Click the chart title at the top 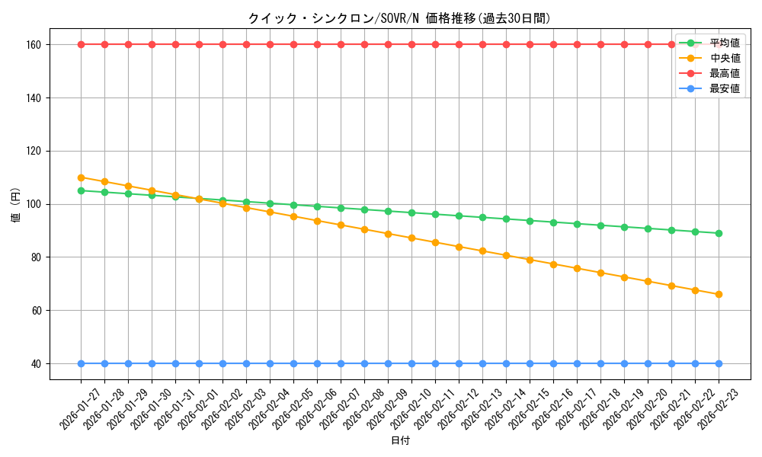[399, 18]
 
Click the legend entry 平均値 [725, 43]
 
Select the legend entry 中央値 [725, 58]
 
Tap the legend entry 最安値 [725, 88]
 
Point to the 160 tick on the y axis [36, 45]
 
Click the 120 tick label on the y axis [36, 151]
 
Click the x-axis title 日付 [400, 441]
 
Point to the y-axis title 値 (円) [16, 204]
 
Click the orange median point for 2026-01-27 [81, 177]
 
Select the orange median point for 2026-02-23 [719, 294]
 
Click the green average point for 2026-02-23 [719, 233]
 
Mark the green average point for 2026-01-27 [81, 190]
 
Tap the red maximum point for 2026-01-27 [81, 44]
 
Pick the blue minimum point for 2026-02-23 [719, 363]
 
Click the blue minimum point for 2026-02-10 [411, 363]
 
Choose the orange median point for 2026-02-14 [506, 255]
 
